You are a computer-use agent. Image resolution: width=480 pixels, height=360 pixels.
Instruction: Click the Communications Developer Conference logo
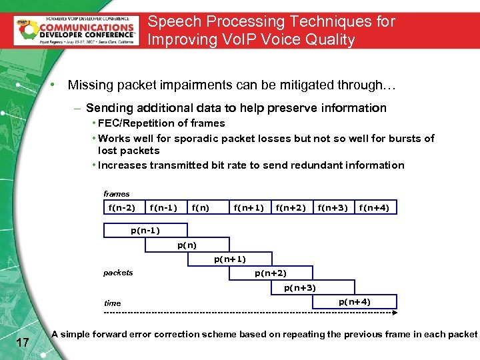click(75, 30)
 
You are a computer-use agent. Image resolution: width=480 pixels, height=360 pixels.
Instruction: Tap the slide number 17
click(22, 343)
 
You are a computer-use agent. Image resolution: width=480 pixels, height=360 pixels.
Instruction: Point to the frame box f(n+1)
click(249, 208)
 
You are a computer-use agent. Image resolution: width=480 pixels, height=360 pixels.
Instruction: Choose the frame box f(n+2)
click(291, 208)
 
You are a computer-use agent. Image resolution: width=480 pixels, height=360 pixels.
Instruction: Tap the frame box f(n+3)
click(333, 208)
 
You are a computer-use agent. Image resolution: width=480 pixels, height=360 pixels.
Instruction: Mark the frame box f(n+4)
click(375, 208)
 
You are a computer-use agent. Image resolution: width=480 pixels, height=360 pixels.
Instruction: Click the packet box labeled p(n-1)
click(145, 231)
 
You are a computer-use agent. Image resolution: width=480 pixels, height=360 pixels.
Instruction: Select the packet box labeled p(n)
click(187, 245)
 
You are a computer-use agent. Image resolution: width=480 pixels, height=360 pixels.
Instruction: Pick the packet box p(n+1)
click(229, 259)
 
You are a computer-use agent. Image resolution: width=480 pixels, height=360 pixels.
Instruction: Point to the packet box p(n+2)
click(271, 273)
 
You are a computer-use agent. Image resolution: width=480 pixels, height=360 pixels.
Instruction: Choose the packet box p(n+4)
click(355, 302)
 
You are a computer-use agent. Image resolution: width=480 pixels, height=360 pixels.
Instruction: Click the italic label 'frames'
click(117, 193)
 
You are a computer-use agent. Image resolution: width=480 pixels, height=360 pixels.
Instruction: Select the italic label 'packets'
click(118, 272)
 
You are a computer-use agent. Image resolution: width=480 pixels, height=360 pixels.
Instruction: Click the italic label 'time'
click(112, 303)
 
